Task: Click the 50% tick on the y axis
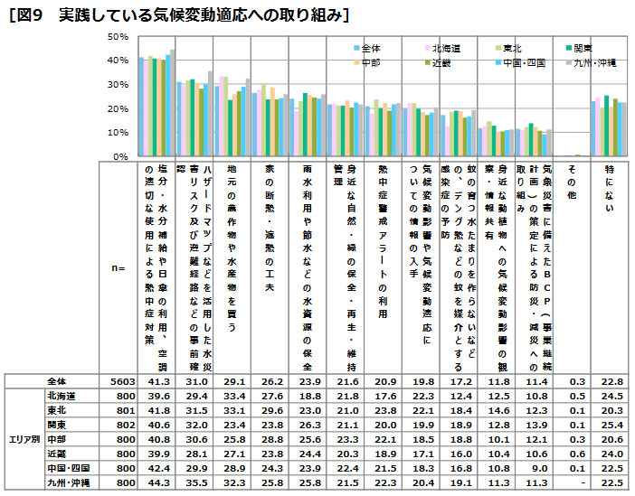click(116, 36)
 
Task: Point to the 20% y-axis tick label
click(116, 108)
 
